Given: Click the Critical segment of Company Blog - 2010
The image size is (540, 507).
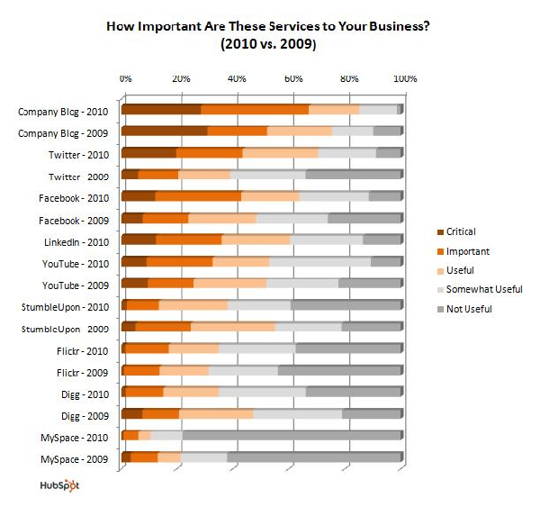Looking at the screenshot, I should [161, 110].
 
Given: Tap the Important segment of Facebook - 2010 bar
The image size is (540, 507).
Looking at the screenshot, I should [198, 196].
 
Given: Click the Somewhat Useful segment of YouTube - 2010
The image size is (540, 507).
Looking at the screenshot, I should [319, 262].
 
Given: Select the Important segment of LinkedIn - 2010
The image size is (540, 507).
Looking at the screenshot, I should [189, 240].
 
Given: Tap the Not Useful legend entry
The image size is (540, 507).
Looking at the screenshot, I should [465, 308].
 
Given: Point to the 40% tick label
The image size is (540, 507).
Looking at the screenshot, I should [238, 78].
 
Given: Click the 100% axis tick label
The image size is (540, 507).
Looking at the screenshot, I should [403, 78].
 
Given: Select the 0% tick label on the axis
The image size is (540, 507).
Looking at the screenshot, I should [126, 78].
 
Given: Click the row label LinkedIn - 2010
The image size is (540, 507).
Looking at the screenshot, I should [76, 240].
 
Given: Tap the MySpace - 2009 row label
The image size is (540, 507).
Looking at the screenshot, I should [76, 458].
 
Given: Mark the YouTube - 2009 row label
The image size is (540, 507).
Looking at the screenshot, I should [77, 284].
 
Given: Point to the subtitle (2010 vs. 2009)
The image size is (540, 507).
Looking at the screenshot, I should [267, 43].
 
